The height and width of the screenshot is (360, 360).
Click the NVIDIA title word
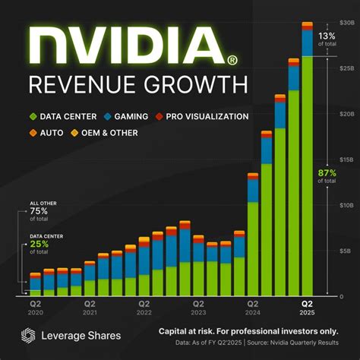click(x=125, y=46)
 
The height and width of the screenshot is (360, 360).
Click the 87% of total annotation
click(x=329, y=176)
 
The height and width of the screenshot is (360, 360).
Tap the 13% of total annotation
click(x=329, y=39)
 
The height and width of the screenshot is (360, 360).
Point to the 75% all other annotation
click(x=40, y=213)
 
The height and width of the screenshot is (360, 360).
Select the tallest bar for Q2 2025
click(x=307, y=167)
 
